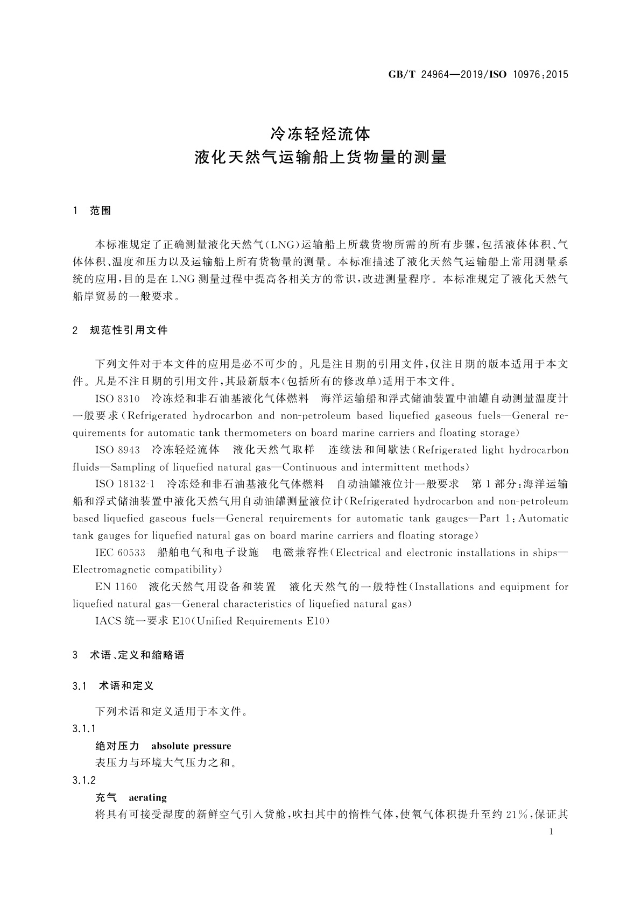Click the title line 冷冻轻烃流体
(320, 132)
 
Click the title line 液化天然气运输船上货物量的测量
(320, 158)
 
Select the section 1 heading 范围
(101, 211)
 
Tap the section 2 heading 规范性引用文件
(129, 330)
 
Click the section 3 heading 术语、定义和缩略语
(137, 655)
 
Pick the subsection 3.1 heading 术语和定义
(127, 686)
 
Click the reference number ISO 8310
(117, 399)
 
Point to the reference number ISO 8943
(117, 450)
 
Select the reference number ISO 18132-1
(125, 484)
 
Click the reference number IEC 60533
(120, 553)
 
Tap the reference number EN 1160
(116, 587)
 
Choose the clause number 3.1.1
(84, 729)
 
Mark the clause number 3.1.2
(84, 781)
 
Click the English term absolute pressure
(191, 746)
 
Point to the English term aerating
(147, 798)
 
